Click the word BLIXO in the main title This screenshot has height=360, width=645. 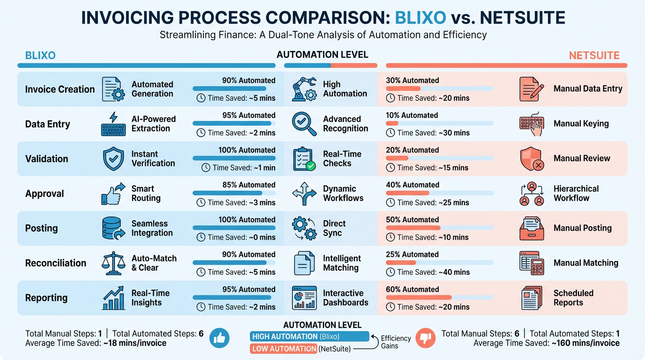tap(420, 17)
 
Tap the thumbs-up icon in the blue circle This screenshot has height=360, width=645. tap(219, 338)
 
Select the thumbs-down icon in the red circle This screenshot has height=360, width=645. tap(426, 338)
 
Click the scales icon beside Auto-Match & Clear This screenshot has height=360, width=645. tap(113, 263)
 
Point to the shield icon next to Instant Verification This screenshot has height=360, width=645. tap(113, 159)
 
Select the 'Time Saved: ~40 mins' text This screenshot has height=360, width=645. tap(427, 272)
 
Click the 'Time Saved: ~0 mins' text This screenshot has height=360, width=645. tap(237, 237)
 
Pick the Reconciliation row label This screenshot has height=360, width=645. tap(55, 263)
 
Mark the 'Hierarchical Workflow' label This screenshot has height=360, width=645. tap(576, 193)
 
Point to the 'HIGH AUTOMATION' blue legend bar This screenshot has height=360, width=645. tap(309, 337)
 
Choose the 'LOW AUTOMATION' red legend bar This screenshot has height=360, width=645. tap(284, 349)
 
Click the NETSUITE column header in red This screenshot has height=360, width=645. tap(594, 55)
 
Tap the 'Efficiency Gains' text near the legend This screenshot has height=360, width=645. tap(396, 342)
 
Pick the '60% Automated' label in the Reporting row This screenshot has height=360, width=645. tap(412, 289)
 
